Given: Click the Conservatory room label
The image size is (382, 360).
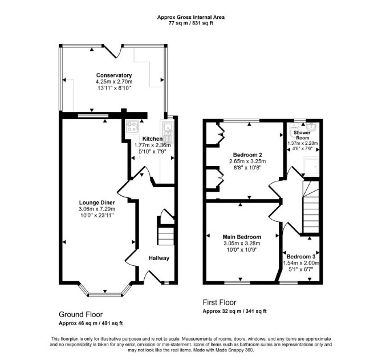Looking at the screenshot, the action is pos(114,75).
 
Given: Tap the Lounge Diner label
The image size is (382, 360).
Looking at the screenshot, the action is pos(97,203).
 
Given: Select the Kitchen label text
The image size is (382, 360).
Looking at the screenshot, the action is pos(152,139).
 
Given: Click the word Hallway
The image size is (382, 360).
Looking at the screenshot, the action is pos(159,258).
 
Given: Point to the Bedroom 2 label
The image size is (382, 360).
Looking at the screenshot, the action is pos(247,155).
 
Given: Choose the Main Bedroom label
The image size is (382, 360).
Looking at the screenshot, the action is pos(242,237).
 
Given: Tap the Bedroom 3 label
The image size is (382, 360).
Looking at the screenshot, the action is pos(301,257).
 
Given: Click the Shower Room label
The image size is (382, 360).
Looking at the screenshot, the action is pos(302,135).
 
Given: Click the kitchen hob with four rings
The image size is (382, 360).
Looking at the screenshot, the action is pos(132,127).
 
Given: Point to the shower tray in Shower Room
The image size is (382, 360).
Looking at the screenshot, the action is pos(311,165).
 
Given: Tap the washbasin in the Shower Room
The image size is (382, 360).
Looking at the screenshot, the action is pos(311,127).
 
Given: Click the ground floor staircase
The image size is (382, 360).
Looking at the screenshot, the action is pos(166,236).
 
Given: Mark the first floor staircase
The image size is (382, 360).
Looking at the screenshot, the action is pos(311,207).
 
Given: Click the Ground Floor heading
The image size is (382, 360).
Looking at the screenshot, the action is pos(80,314).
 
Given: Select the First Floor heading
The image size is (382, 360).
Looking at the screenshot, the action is pos(220,302).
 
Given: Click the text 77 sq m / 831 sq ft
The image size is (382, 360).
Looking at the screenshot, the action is pos(191,23).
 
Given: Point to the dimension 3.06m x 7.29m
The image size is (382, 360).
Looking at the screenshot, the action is pos(97,209).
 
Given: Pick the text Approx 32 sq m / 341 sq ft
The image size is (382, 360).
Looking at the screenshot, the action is pos(234,312).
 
